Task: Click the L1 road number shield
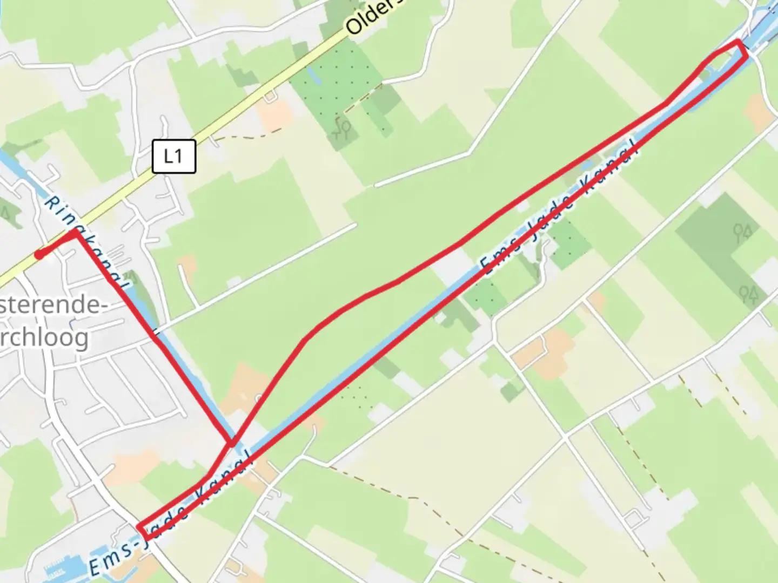pos(173,157)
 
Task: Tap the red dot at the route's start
pos(39,254)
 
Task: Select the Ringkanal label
pos(86,240)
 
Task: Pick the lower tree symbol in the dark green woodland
pos(749,294)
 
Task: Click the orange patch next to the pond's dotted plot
pos(276,113)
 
